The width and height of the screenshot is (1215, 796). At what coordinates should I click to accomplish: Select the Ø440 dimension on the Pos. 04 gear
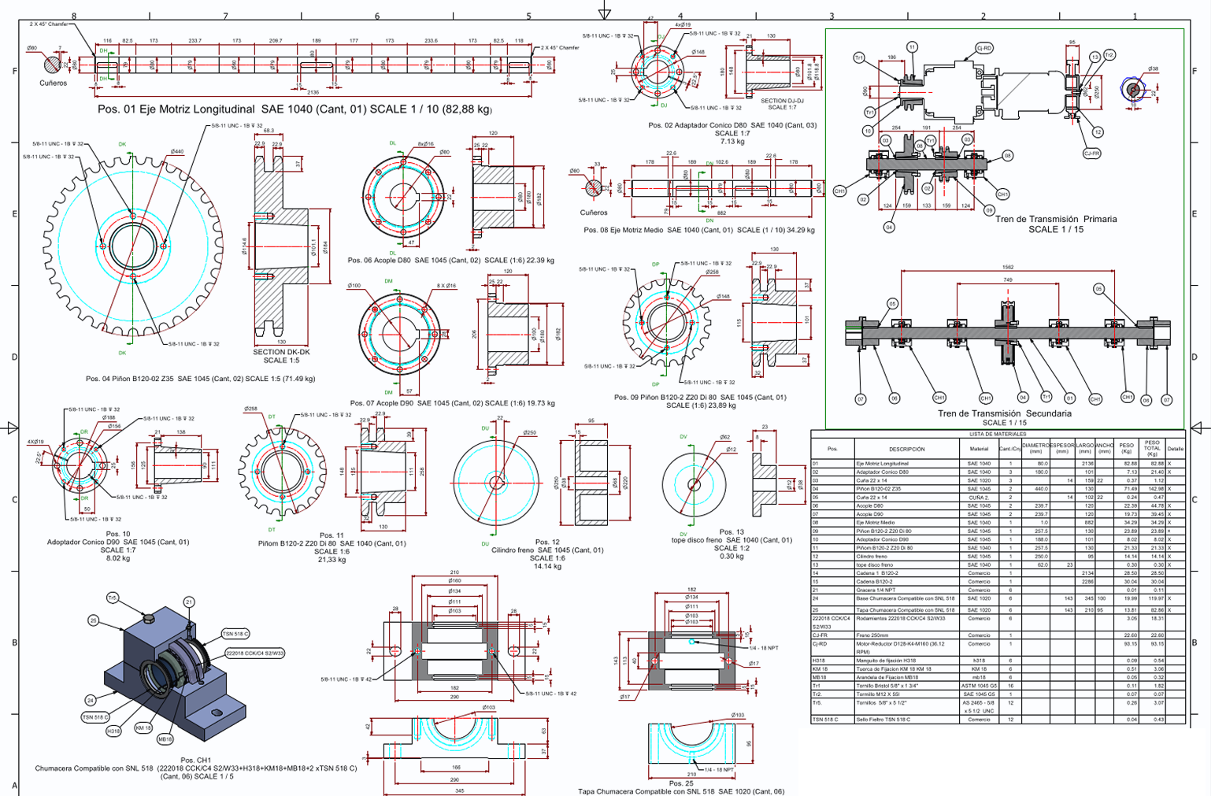[x=176, y=151]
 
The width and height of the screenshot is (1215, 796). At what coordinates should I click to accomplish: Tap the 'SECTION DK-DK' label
[x=281, y=352]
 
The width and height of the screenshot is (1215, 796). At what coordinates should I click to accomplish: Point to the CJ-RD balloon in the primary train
[x=983, y=48]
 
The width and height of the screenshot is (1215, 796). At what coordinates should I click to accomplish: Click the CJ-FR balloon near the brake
[x=1091, y=154]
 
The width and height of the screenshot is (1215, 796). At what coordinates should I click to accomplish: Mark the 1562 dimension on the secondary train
[x=1007, y=267]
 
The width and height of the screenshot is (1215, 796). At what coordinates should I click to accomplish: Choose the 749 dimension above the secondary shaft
[x=1007, y=280]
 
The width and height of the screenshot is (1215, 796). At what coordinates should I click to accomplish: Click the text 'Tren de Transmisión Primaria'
[x=1055, y=220]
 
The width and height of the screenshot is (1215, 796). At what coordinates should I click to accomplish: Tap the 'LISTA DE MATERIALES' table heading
[x=997, y=434]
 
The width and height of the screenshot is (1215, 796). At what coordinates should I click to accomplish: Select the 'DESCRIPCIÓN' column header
[x=906, y=449]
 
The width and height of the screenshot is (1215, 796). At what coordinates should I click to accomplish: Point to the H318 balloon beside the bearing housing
[x=114, y=731]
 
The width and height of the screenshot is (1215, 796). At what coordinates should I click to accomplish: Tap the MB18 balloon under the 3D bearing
[x=165, y=739]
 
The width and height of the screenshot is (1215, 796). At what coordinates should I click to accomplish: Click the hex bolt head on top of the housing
[x=148, y=616]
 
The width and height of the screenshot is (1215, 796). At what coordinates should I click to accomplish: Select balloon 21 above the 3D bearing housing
[x=189, y=602]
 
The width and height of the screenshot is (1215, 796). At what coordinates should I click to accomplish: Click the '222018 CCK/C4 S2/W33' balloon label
[x=255, y=653]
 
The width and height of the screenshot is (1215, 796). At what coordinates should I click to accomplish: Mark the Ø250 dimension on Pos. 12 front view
[x=529, y=433]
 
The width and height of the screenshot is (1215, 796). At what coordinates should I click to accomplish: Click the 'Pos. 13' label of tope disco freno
[x=731, y=532]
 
